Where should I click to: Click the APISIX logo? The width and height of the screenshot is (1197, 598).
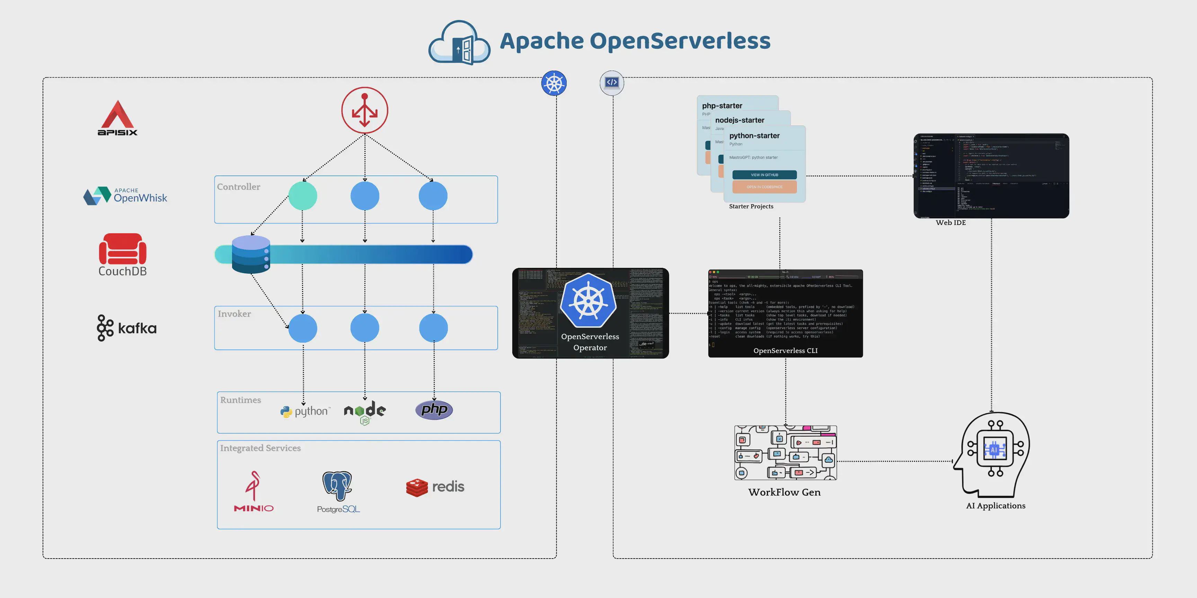click(117, 118)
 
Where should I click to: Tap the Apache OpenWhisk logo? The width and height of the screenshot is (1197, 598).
click(125, 196)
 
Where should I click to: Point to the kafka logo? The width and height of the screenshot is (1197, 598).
click(126, 328)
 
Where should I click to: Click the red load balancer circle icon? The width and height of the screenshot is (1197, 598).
click(365, 110)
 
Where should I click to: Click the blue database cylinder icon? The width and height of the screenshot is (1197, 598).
click(251, 254)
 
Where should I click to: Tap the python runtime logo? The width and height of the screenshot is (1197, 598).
click(305, 411)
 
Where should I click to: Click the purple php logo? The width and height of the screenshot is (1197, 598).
click(434, 409)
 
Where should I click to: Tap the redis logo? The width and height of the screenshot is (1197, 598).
click(435, 487)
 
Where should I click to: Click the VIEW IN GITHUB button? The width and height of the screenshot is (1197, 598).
click(764, 174)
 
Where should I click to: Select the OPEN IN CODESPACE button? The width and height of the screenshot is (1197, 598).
click(764, 187)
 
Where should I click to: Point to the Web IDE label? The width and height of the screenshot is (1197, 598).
click(951, 223)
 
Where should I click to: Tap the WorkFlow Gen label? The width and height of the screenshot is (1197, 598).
click(784, 492)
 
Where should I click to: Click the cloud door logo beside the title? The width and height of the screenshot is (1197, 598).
click(459, 43)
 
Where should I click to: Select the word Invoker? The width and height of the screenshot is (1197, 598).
click(234, 314)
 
